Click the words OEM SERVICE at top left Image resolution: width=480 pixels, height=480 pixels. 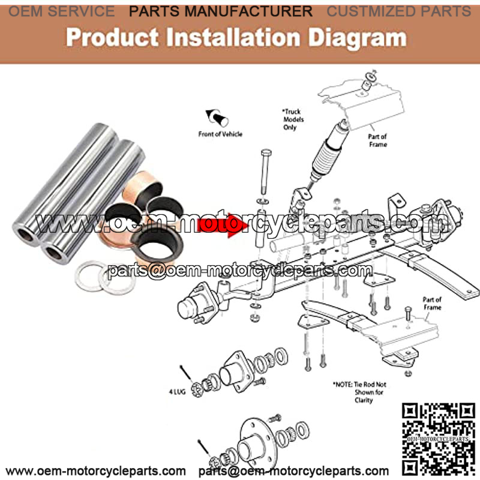click(x=62, y=11)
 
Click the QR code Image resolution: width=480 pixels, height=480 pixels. click(x=438, y=439)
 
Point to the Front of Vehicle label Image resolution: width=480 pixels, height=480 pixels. click(x=220, y=134)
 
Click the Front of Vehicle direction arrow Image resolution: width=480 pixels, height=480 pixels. click(x=217, y=118)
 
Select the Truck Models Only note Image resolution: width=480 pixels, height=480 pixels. click(x=293, y=119)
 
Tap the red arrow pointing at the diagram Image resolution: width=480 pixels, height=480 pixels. click(x=223, y=225)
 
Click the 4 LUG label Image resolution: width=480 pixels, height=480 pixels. click(x=177, y=392)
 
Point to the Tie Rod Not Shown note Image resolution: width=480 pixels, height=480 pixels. click(x=359, y=392)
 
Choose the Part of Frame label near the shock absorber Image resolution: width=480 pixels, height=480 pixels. click(x=378, y=140)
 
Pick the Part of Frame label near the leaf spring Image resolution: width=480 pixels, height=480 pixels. click(x=432, y=304)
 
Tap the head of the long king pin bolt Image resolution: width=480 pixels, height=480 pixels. click(x=266, y=152)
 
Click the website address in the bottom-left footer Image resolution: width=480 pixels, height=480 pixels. click(x=96, y=471)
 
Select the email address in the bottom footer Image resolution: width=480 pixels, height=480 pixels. click(x=293, y=471)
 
